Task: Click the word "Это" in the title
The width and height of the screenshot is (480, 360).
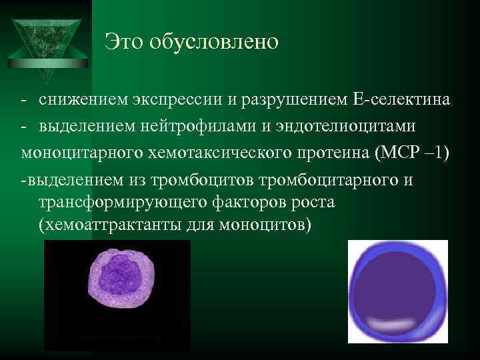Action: click(125, 43)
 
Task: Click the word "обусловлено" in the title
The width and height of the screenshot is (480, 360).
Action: click(213, 43)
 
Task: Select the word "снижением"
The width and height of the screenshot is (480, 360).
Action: click(79, 101)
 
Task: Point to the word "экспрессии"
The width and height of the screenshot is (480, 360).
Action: click(172, 101)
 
